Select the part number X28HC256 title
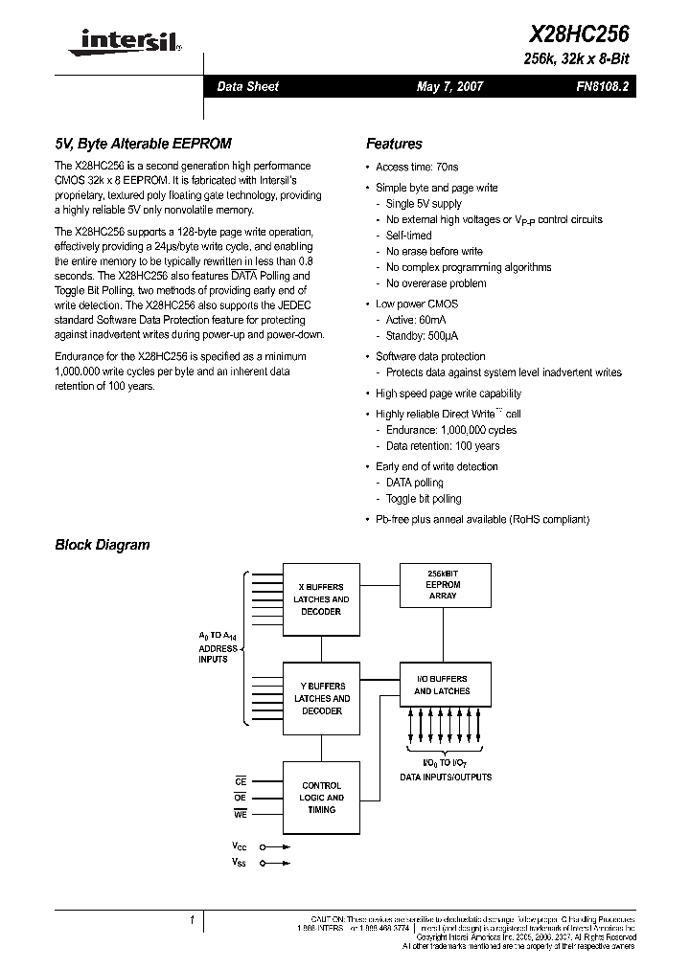click(579, 34)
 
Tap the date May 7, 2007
click(449, 86)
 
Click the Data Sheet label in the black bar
click(247, 86)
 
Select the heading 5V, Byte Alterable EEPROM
click(143, 144)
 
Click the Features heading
click(394, 144)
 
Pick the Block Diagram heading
click(103, 545)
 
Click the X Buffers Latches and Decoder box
click(321, 599)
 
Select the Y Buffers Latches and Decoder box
click(321, 699)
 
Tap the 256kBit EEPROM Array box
click(443, 585)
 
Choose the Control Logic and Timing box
click(321, 798)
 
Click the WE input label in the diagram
click(241, 815)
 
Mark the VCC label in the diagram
click(240, 846)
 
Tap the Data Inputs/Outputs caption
click(446, 777)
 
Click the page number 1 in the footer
click(192, 920)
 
